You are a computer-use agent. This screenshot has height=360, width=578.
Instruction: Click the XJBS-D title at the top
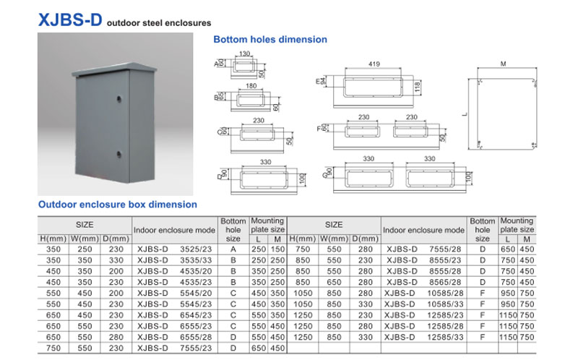69,20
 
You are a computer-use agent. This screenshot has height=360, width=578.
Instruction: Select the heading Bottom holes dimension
270,39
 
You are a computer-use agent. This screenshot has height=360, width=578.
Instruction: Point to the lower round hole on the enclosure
116,153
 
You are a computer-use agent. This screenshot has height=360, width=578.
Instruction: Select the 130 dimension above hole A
244,54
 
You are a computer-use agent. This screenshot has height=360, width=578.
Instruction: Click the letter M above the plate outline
503,64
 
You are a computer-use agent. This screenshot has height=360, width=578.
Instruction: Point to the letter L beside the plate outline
466,113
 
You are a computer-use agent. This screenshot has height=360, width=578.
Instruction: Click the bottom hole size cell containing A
233,248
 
